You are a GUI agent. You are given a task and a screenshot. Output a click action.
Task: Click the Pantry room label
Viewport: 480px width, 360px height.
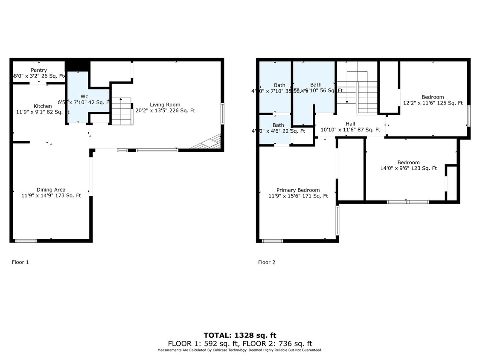tap(39, 70)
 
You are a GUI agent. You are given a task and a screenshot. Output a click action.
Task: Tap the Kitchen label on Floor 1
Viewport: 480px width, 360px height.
tap(43, 106)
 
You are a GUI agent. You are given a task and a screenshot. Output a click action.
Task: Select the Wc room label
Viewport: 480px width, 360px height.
tap(84, 96)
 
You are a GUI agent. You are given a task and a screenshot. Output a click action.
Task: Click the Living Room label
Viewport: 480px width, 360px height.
tap(165, 105)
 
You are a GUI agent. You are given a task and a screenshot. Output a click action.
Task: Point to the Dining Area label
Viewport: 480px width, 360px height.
tap(51, 190)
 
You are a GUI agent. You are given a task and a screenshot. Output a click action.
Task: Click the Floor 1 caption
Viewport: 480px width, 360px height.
tap(20, 262)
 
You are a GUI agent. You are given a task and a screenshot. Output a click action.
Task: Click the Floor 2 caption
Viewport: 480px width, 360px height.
tap(267, 262)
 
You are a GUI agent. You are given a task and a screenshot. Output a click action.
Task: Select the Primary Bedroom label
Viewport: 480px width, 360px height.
tap(298, 190)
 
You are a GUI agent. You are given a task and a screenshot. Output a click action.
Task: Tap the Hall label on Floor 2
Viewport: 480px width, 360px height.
tap(350, 124)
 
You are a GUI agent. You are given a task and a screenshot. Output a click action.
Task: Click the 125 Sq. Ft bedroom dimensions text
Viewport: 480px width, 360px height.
tap(433, 103)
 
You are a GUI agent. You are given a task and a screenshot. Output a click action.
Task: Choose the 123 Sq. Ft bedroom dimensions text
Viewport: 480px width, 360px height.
tap(408, 168)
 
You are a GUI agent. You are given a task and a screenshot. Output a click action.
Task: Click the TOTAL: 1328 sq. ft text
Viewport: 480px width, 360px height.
tap(240, 335)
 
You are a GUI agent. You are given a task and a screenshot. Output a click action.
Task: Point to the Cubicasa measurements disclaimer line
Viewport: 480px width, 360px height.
tap(240, 350)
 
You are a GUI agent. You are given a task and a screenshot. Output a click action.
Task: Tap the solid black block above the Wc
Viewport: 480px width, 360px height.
tap(77, 65)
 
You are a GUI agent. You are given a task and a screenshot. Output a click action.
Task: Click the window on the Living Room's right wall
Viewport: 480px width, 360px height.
tap(222, 114)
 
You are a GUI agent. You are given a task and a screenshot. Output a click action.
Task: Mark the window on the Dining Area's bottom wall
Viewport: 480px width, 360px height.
tap(26, 241)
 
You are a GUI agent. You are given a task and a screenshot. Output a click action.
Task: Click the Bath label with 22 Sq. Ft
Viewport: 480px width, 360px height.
tap(278, 125)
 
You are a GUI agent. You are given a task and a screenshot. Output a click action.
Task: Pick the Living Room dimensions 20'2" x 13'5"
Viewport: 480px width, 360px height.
tap(165, 110)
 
